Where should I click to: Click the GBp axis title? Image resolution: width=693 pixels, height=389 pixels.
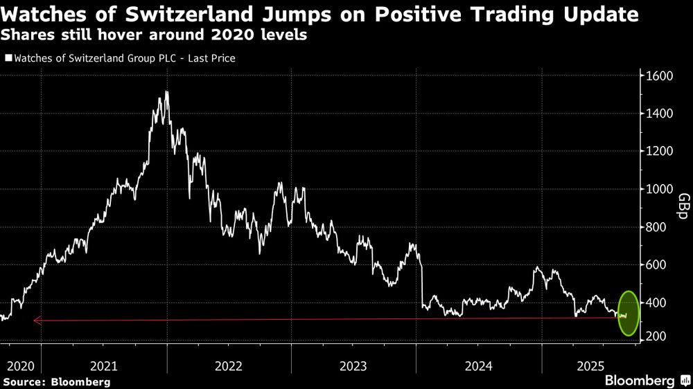click(x=682, y=207)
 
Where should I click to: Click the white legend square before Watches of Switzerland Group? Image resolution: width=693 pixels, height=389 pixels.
click(x=8, y=59)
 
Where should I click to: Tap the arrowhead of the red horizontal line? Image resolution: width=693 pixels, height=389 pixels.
click(x=36, y=320)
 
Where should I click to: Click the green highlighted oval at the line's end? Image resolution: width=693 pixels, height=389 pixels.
click(x=628, y=313)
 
